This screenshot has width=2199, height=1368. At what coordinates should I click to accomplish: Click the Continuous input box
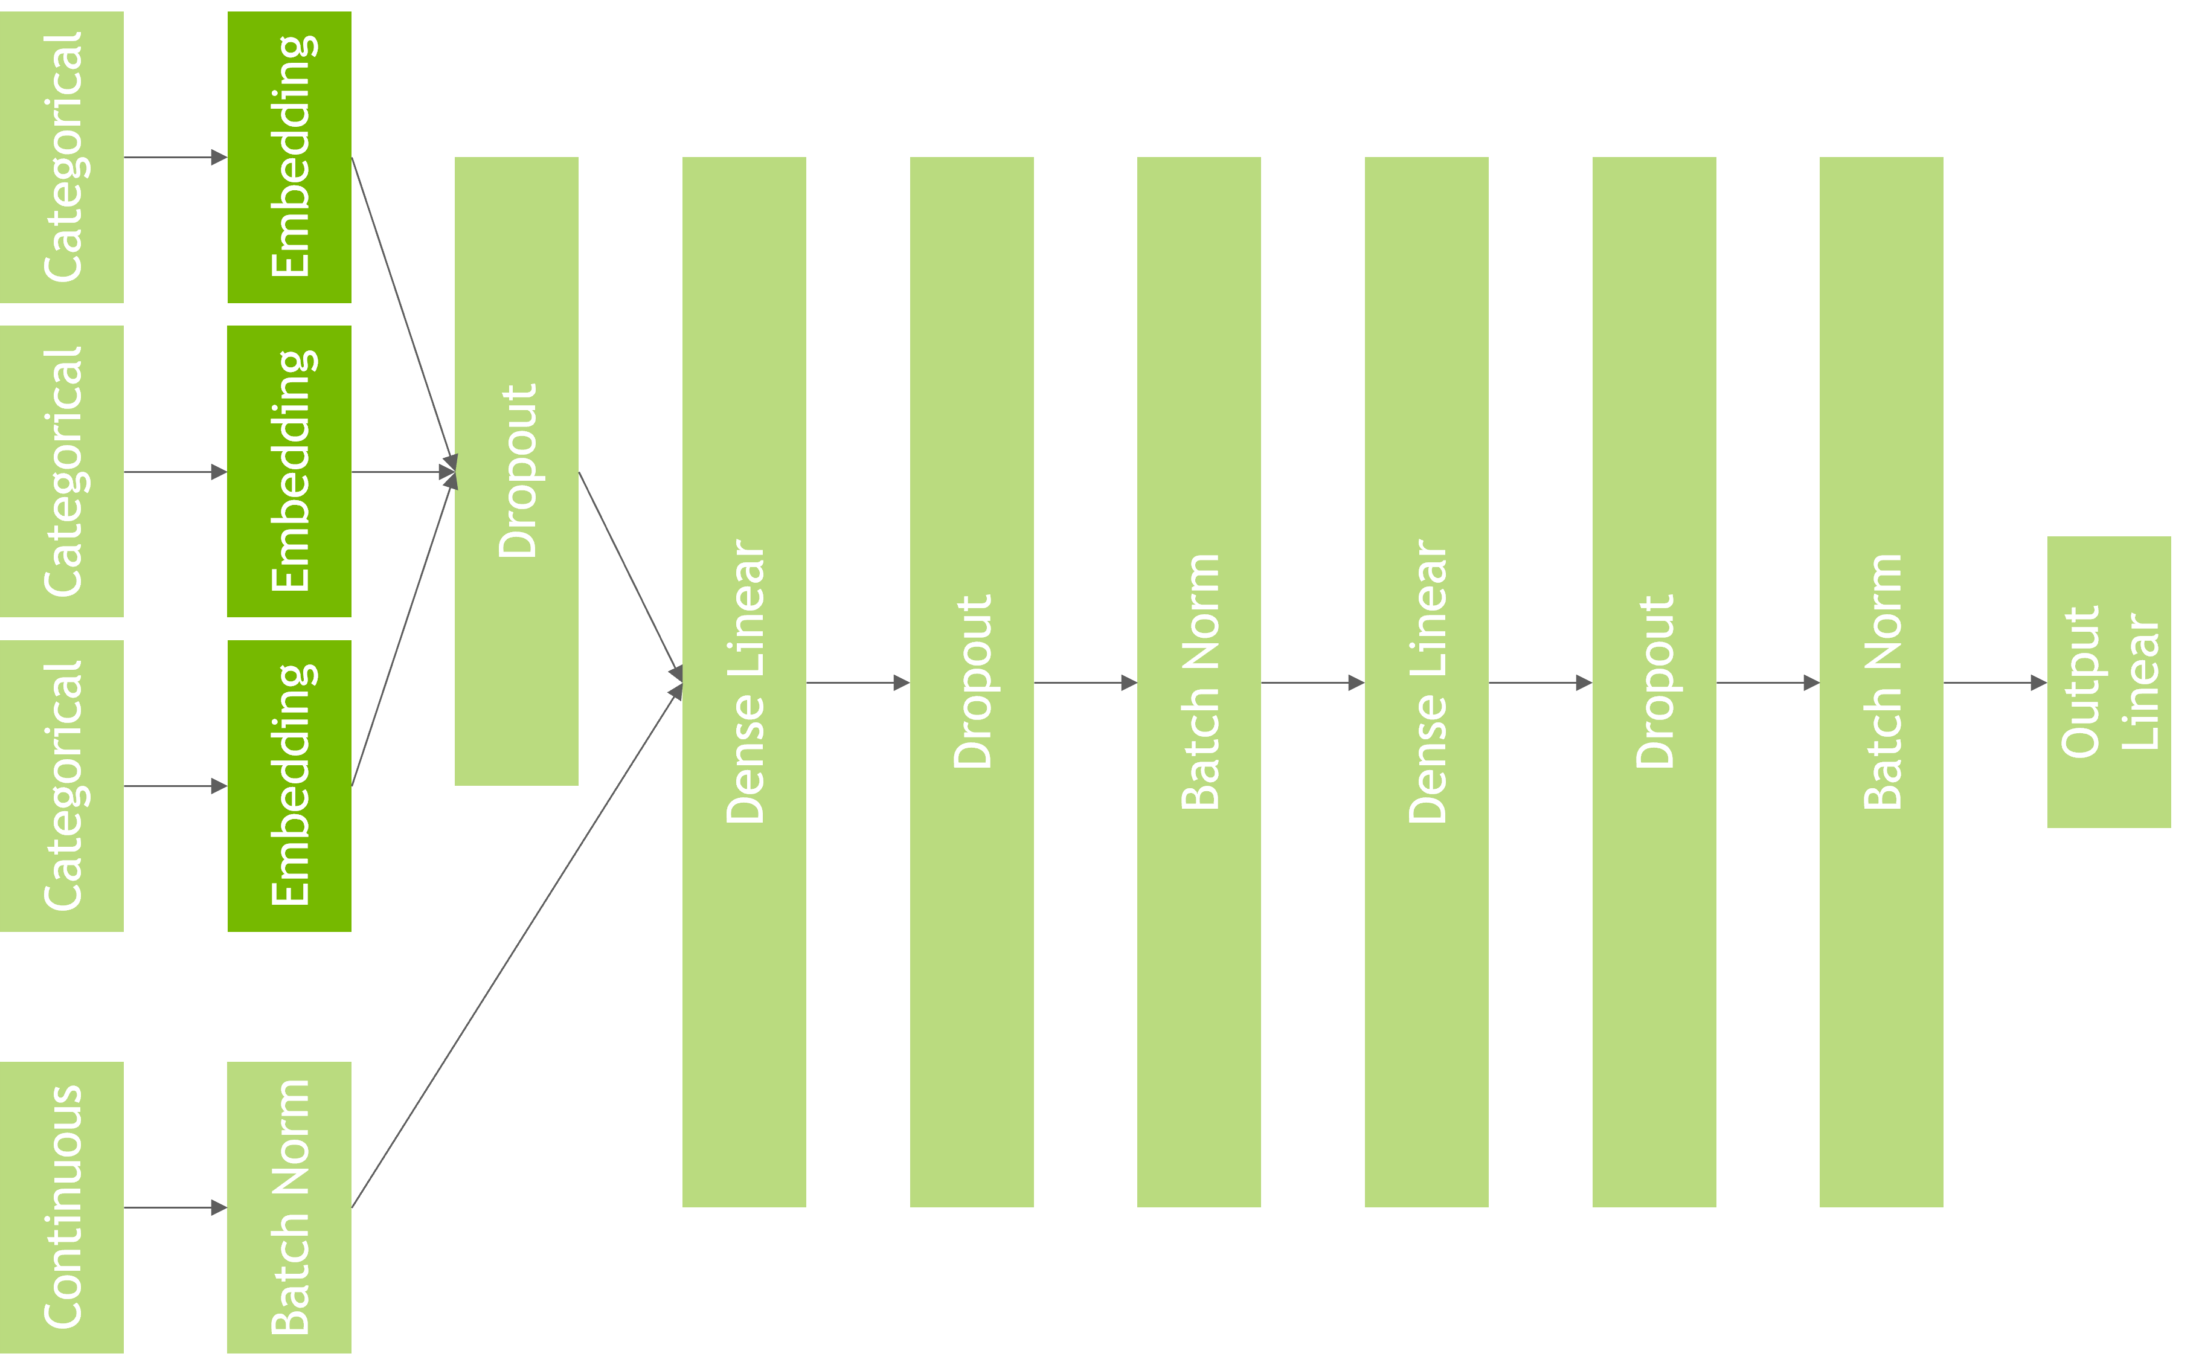point(62,1207)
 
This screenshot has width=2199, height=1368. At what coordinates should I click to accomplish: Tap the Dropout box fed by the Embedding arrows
point(516,470)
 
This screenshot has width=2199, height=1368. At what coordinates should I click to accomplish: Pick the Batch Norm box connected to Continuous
point(289,1207)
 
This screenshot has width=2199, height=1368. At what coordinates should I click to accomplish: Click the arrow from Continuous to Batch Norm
point(175,1207)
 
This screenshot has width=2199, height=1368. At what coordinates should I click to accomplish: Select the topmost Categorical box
point(62,156)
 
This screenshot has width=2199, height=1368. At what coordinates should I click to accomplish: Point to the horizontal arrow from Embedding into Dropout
point(402,471)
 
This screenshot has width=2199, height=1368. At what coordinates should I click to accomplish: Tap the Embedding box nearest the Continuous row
point(289,785)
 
